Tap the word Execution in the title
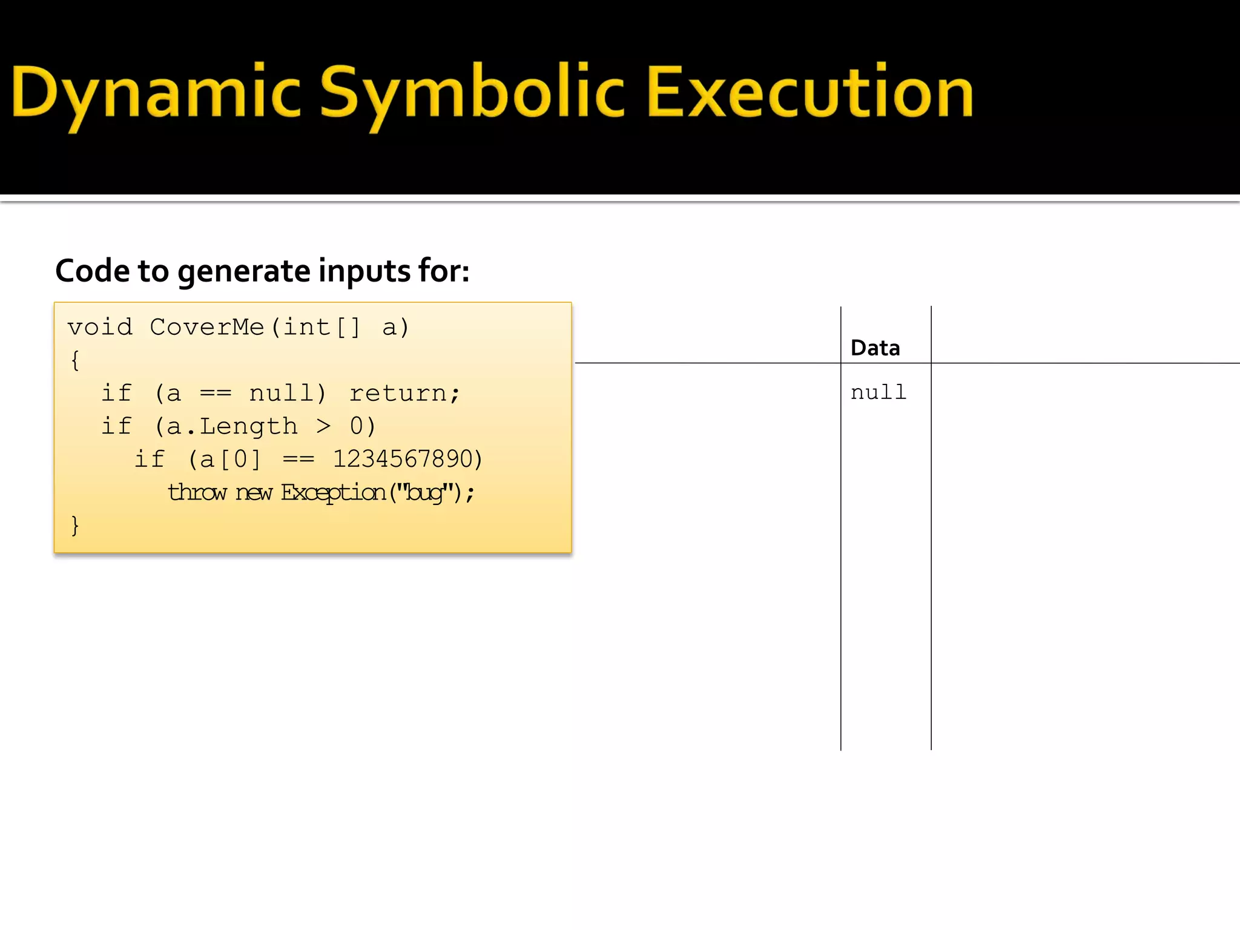click(810, 92)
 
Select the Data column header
click(875, 348)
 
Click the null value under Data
click(878, 392)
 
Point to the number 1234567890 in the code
click(403, 459)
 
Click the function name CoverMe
click(206, 328)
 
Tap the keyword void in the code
click(100, 328)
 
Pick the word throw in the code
click(197, 492)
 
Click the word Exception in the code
click(333, 492)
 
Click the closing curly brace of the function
click(75, 525)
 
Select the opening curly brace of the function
click(75, 361)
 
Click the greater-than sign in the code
click(324, 426)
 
